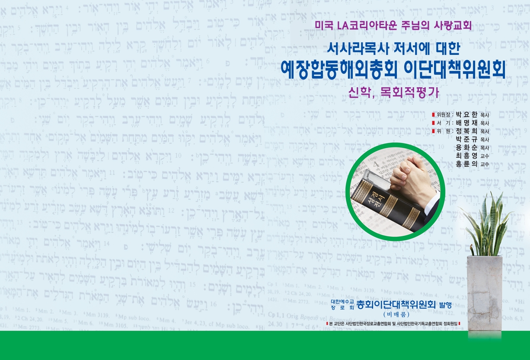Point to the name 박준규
click(x=466, y=139)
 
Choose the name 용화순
click(x=466, y=147)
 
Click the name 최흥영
click(x=466, y=156)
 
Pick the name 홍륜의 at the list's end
click(x=466, y=164)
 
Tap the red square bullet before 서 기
click(x=434, y=123)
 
